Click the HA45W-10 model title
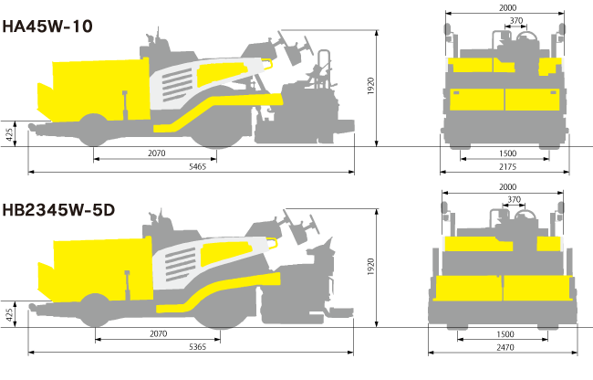(x=47, y=26)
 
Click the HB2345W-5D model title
(x=58, y=210)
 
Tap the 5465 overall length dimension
(x=197, y=166)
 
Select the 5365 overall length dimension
(x=197, y=347)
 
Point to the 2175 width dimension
(x=507, y=166)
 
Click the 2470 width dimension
(x=505, y=347)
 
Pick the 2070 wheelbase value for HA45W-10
(x=157, y=153)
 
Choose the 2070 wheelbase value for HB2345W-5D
(x=158, y=333)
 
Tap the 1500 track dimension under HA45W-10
(x=507, y=153)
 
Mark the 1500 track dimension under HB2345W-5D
(x=505, y=334)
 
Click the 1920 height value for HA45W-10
(x=370, y=86)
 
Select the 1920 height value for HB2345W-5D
(x=370, y=267)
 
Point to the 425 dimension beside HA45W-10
(x=9, y=134)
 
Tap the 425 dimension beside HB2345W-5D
(x=9, y=315)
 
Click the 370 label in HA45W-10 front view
(x=516, y=20)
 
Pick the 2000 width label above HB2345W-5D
(x=507, y=187)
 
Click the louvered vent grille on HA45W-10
(x=177, y=85)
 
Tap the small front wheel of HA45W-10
(x=93, y=130)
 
